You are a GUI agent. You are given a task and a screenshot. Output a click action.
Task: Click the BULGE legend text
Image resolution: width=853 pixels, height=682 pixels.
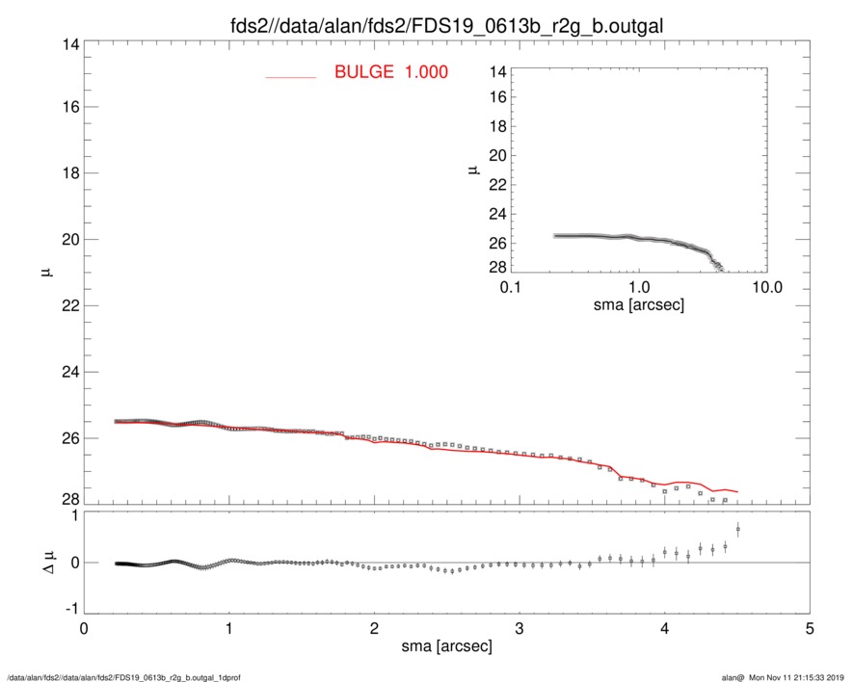coord(391,72)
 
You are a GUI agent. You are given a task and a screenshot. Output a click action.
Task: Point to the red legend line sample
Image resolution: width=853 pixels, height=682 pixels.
coord(290,76)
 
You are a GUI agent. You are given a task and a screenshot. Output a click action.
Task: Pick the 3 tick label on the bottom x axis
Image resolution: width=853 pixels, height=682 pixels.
coord(520,628)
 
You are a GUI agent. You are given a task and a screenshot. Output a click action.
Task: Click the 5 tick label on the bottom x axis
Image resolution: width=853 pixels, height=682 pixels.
coord(810,628)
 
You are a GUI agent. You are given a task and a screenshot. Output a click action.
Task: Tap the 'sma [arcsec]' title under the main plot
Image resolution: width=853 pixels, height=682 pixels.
coord(446,647)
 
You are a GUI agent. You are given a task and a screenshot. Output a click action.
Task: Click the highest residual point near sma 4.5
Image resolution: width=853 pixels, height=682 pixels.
coord(737,529)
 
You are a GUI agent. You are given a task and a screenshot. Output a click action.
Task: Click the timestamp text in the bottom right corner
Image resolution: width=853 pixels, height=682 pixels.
coord(790,677)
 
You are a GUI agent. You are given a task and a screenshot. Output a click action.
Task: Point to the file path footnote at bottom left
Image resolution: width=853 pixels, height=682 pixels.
coord(122,677)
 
